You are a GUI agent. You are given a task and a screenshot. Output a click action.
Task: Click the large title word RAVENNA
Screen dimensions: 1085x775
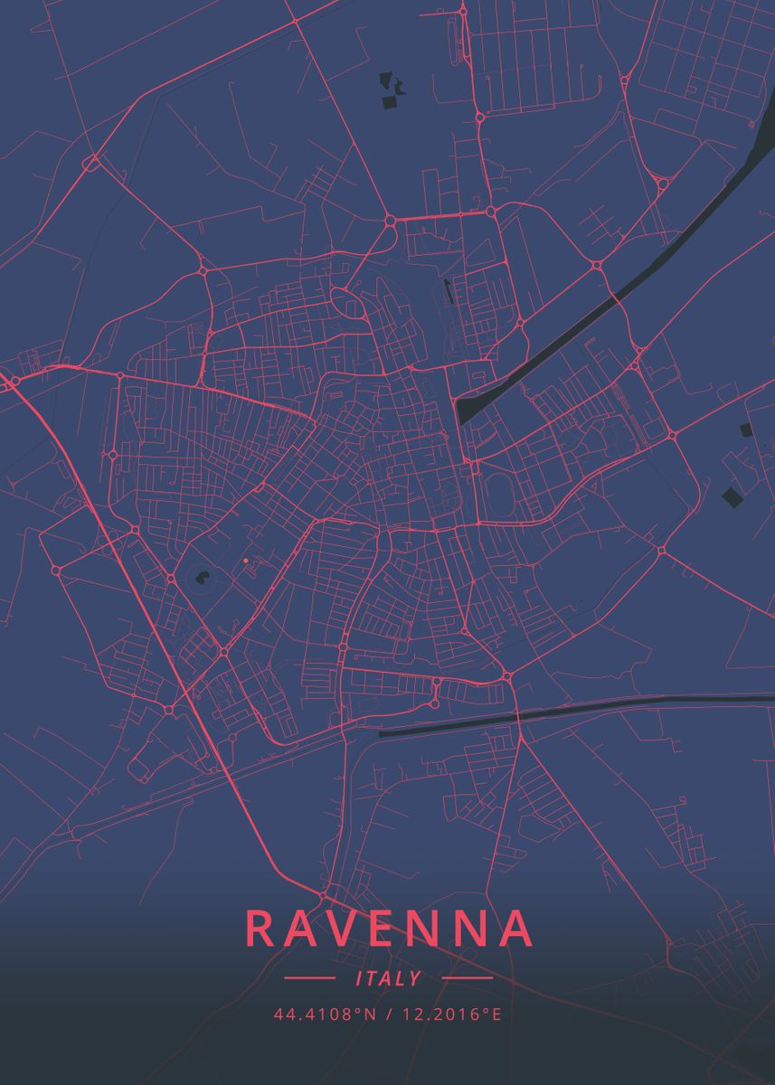click(388, 929)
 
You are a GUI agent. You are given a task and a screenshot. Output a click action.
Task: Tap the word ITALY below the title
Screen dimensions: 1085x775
click(389, 978)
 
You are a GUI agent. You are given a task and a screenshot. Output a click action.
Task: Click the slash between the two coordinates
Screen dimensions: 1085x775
click(387, 1014)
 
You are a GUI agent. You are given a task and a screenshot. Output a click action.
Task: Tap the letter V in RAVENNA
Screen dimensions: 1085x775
click(346, 929)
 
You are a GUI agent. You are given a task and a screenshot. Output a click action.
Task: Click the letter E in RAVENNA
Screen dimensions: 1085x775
click(387, 929)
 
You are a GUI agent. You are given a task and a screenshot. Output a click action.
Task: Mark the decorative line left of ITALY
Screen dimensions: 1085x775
click(309, 977)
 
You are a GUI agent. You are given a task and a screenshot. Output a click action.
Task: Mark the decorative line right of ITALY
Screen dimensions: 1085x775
click(468, 977)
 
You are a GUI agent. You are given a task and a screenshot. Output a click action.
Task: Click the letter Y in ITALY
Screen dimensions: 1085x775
click(415, 978)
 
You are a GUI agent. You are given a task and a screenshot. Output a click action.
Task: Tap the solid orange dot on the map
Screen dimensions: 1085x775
click(245, 561)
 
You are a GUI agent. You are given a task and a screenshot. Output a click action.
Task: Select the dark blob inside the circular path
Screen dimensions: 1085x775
click(202, 575)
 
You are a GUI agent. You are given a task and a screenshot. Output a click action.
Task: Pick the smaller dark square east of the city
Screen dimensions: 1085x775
click(746, 429)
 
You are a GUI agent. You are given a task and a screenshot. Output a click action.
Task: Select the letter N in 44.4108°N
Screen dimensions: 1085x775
click(371, 1014)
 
